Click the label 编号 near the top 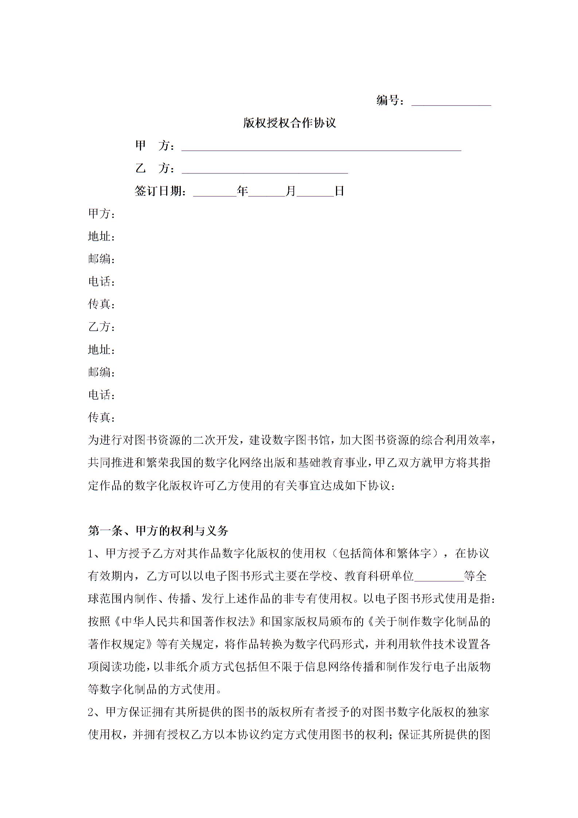[387, 100]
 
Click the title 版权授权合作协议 [289, 123]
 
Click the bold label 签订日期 [160, 191]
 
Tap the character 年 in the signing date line [242, 191]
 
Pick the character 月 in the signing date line [291, 191]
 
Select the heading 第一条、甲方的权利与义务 [158, 530]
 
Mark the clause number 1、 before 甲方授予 [96, 553]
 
